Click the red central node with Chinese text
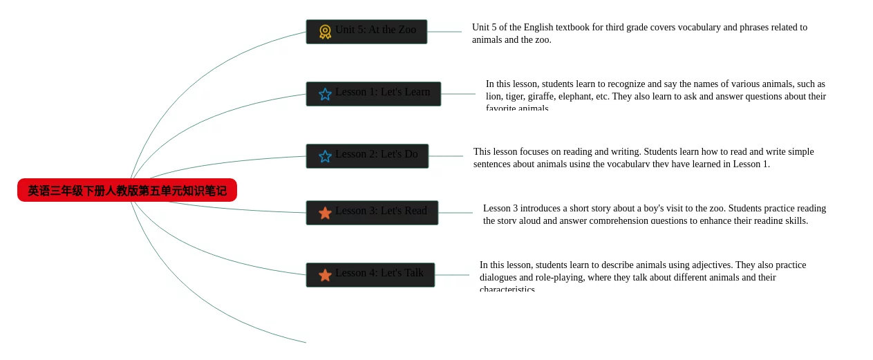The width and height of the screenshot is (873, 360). pyautogui.click(x=127, y=190)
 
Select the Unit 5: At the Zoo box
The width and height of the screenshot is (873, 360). pyautogui.click(x=366, y=32)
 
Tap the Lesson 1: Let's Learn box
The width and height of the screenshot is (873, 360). pyautogui.click(x=373, y=94)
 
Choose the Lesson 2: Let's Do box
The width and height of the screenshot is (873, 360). pyautogui.click(x=367, y=156)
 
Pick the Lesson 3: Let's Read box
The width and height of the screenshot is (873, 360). pyautogui.click(x=372, y=213)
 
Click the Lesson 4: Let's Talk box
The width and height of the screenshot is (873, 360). pyautogui.click(x=370, y=275)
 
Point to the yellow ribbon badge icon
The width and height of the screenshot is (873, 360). pyautogui.click(x=325, y=32)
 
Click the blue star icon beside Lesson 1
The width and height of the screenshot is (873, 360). pyautogui.click(x=325, y=94)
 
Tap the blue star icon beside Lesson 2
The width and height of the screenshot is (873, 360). pyautogui.click(x=325, y=156)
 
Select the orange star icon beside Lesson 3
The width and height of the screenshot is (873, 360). pyautogui.click(x=325, y=213)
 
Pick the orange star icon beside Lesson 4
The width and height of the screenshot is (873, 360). pyautogui.click(x=325, y=275)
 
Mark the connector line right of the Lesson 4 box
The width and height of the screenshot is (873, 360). pyautogui.click(x=451, y=275)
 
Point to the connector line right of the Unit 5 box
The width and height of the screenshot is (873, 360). pyautogui.click(x=444, y=32)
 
